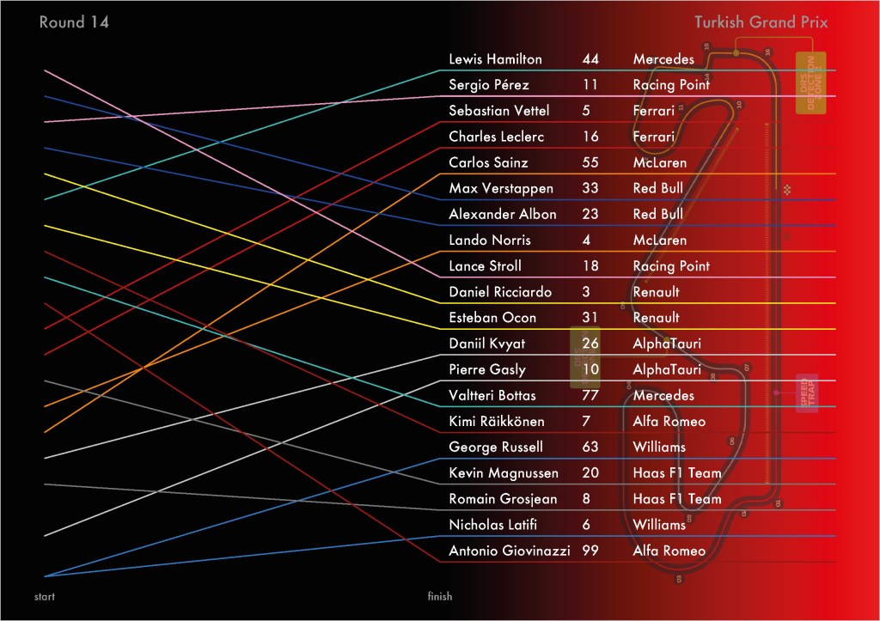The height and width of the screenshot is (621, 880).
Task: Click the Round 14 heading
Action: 74,22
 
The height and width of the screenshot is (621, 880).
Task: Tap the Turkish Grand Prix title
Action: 761,22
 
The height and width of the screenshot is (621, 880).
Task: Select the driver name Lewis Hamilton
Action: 495,59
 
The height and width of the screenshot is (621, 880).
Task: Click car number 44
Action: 590,59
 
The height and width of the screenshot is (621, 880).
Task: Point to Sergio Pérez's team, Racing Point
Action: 671,85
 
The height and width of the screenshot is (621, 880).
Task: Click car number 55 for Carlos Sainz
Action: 590,162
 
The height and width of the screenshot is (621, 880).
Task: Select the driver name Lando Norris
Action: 490,240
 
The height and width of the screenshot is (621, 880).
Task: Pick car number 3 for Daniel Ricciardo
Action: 586,292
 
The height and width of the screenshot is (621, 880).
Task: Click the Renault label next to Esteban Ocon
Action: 656,318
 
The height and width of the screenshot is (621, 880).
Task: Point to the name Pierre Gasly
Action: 487,369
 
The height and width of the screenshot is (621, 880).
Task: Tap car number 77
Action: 590,395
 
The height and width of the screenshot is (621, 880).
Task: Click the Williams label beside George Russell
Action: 659,447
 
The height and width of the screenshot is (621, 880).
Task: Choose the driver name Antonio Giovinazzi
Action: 509,551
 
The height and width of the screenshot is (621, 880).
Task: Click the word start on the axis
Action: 46,596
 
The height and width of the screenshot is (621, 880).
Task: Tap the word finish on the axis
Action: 439,596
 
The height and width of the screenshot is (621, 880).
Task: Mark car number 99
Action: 590,551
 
